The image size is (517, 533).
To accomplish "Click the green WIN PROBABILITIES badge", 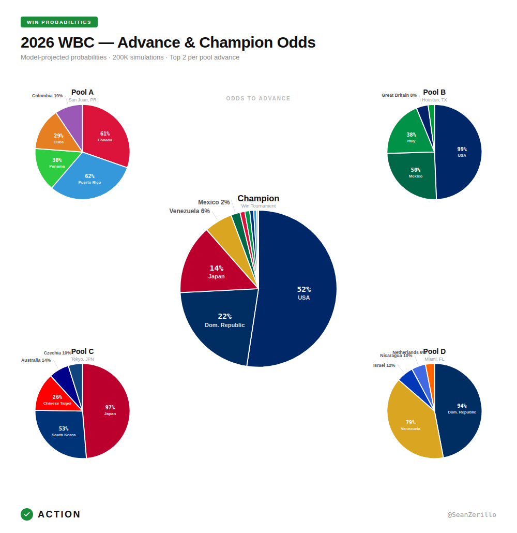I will click(x=59, y=22).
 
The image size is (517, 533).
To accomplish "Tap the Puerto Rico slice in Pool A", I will click(x=90, y=179).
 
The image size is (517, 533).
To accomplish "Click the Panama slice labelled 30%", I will click(x=57, y=163).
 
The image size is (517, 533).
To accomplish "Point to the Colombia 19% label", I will click(x=47, y=96).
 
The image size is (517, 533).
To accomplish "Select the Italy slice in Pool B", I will click(x=411, y=137).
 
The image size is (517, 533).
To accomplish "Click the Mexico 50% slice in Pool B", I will click(x=415, y=173).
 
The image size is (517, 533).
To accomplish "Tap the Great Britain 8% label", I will click(x=399, y=95).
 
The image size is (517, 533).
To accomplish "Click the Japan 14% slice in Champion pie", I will click(x=216, y=272).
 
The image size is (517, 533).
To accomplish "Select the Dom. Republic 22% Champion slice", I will click(x=224, y=320).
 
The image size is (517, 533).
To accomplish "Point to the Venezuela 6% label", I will click(x=189, y=211).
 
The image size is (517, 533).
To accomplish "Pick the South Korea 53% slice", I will click(x=64, y=432).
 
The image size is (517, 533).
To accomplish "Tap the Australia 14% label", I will click(x=36, y=360).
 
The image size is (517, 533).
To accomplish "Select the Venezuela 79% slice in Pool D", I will click(x=410, y=425).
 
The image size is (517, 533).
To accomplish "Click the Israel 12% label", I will click(x=384, y=365).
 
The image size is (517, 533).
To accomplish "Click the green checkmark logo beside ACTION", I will click(x=27, y=514).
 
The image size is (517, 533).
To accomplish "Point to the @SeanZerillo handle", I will click(x=472, y=515).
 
